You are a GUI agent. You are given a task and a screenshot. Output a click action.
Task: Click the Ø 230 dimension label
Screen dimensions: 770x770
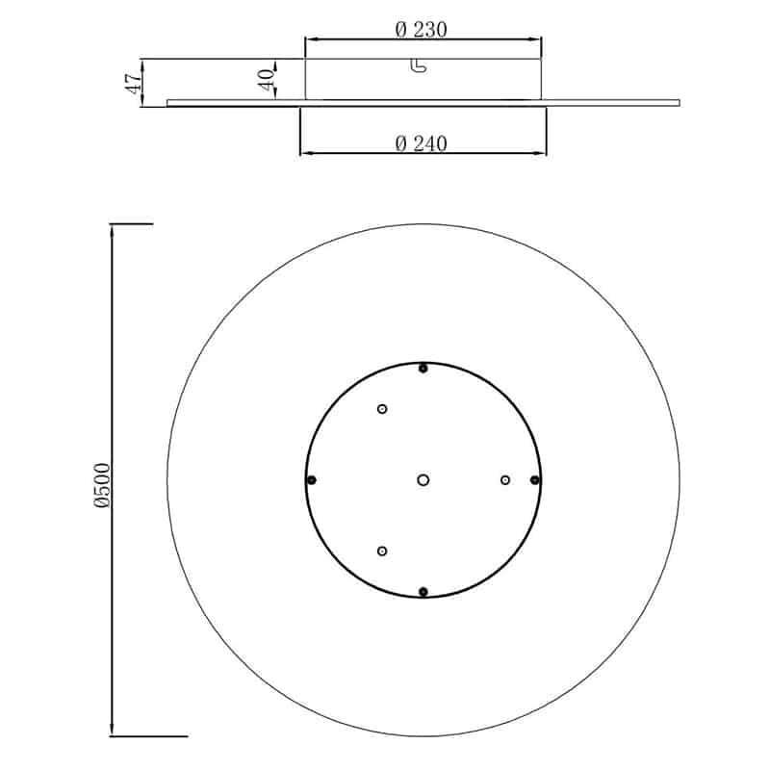click(x=422, y=30)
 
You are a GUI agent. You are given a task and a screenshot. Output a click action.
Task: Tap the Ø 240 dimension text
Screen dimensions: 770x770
click(x=422, y=143)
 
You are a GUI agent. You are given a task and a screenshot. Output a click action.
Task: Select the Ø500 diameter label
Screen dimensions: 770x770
click(x=102, y=485)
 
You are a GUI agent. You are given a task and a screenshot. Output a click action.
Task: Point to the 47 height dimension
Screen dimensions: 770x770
click(x=134, y=84)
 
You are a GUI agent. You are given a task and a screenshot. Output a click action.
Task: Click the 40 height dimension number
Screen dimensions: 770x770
click(x=267, y=79)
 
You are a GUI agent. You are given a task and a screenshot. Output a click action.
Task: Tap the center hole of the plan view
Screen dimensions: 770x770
click(x=423, y=479)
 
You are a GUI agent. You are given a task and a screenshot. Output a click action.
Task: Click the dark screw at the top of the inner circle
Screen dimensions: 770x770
click(x=423, y=369)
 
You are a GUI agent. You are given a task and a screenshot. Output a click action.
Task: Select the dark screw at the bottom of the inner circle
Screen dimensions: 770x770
click(x=423, y=592)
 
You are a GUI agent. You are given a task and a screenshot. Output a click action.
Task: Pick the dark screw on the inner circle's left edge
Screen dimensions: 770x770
click(x=311, y=479)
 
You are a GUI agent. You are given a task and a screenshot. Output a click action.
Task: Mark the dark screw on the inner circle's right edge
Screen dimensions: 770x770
click(x=535, y=479)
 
